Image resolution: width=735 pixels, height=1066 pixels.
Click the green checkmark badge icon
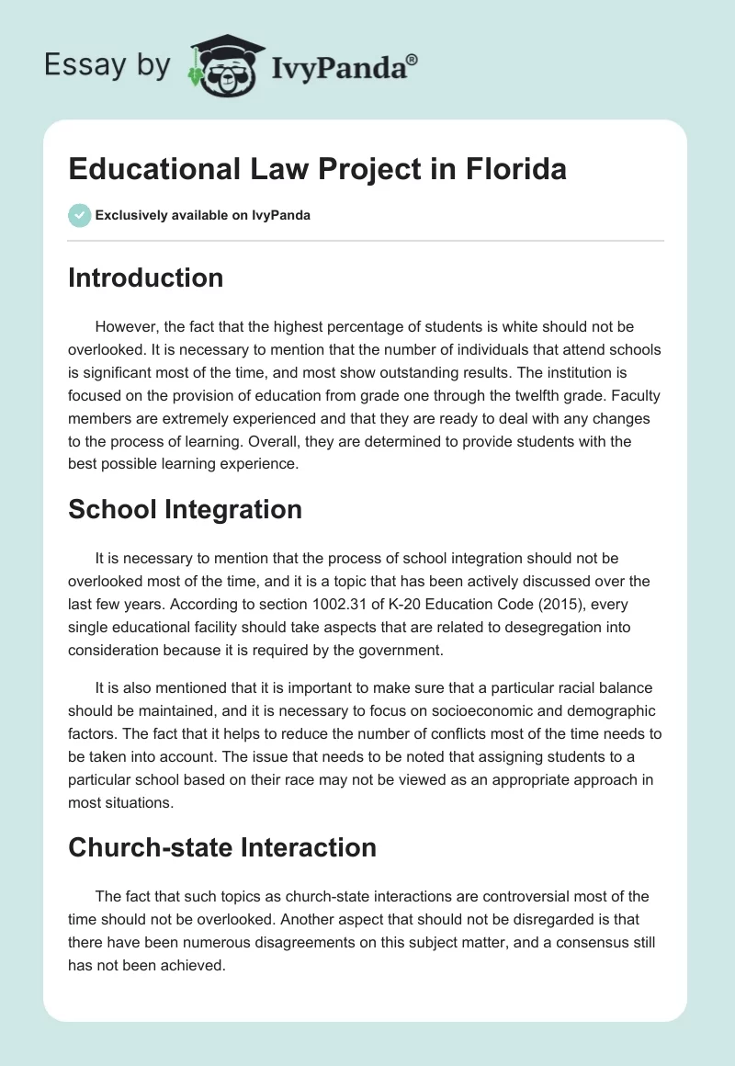click(x=79, y=215)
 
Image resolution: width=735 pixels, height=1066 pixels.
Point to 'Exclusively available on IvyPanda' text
click(x=203, y=216)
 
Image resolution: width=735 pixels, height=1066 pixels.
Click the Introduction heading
click(x=145, y=278)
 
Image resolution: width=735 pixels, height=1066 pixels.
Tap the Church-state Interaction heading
click(x=222, y=846)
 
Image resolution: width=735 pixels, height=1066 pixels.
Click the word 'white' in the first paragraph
click(x=488, y=326)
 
